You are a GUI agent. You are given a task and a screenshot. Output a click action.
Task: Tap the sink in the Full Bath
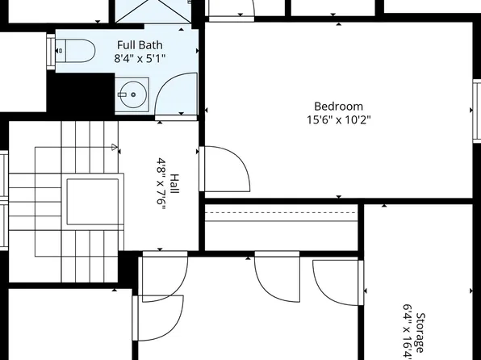(x=132, y=94)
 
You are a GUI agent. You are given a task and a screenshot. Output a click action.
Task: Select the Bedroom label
(x=338, y=106)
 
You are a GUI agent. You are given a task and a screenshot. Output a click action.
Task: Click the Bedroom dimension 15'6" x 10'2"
(x=338, y=119)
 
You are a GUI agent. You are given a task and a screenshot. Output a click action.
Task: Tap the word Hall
(x=174, y=185)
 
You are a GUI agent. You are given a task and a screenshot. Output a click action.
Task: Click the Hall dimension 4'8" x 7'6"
(x=161, y=185)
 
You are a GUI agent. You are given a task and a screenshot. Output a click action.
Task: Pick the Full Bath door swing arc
(x=176, y=95)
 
